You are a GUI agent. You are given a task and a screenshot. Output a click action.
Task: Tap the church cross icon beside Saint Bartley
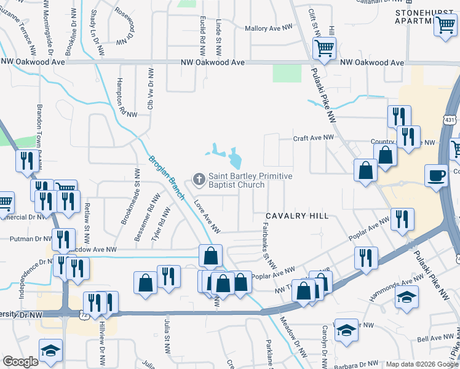[x=199, y=180]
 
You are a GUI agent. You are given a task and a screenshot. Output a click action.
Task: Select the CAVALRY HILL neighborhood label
[x=297, y=216]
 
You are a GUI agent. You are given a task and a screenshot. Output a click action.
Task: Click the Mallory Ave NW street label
[x=271, y=29]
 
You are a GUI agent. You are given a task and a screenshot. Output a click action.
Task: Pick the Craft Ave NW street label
[x=313, y=138]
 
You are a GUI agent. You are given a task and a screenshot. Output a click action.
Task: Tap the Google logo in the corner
[x=20, y=362]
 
